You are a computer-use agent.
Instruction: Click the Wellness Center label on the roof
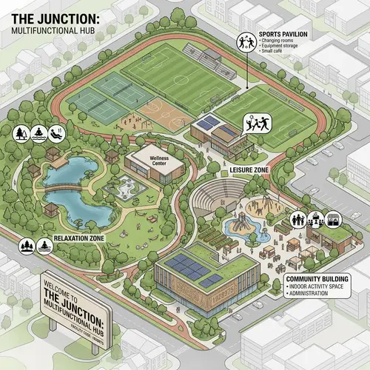(159, 159)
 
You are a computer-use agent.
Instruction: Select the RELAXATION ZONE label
(77, 238)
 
